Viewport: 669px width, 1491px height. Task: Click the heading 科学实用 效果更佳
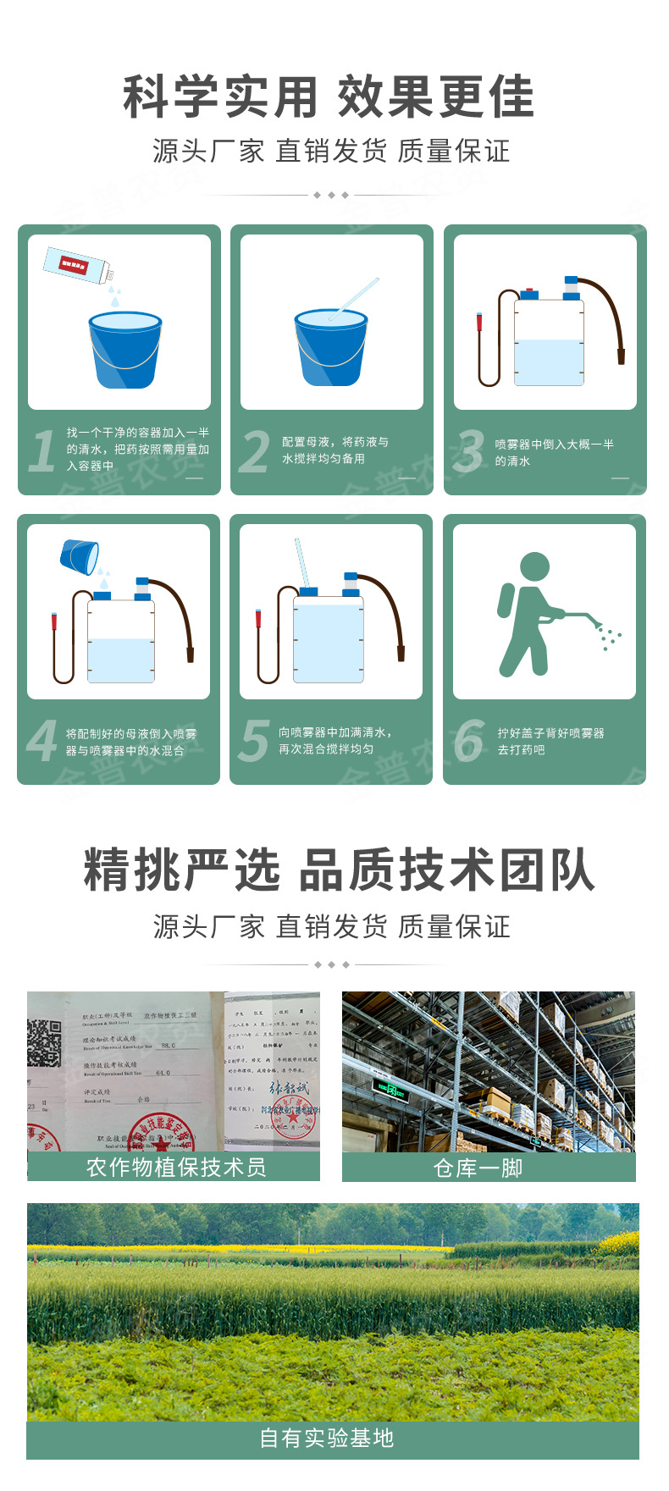click(329, 97)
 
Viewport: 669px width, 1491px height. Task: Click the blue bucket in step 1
click(124, 350)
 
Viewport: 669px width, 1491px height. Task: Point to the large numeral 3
click(468, 451)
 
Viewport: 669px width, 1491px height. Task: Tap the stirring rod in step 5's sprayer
click(301, 562)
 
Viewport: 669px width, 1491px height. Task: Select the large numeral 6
click(468, 741)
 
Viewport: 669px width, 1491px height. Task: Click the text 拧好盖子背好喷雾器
click(550, 733)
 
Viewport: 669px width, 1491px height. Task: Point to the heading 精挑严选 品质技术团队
click(339, 870)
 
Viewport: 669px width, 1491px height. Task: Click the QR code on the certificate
click(44, 1042)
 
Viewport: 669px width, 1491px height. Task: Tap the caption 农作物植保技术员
click(176, 1168)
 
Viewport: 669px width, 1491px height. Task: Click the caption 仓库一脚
click(478, 1168)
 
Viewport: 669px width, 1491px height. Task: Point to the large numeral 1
click(41, 451)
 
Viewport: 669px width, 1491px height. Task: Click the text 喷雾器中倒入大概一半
click(554, 445)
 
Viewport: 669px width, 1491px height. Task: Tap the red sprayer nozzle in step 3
click(479, 323)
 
